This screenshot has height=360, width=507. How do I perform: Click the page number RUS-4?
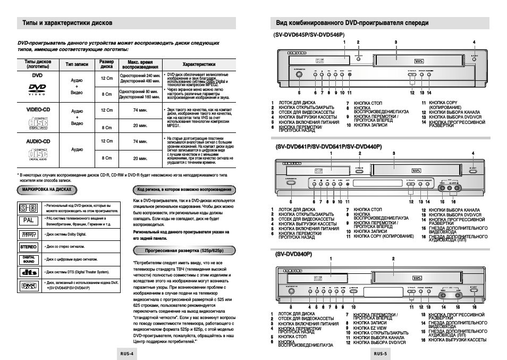[126, 353]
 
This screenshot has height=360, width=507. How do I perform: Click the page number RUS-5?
[380, 353]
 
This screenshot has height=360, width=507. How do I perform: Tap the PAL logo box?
[28, 220]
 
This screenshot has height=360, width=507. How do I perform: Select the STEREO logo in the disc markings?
[28, 247]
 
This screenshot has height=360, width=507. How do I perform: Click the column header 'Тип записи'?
[77, 64]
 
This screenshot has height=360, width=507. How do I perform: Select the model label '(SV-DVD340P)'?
[293, 255]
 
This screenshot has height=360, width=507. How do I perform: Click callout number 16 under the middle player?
[453, 202]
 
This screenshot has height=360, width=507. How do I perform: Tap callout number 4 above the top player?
[474, 43]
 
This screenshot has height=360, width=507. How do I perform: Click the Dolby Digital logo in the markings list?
[28, 234]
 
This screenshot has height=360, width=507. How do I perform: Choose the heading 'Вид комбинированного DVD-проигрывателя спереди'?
[352, 23]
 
